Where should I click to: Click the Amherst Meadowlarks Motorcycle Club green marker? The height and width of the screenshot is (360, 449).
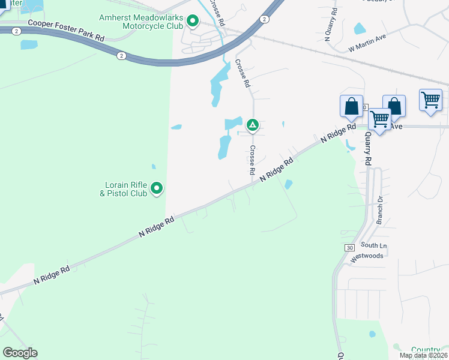click(x=193, y=22)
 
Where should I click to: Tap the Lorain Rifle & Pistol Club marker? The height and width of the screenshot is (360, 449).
click(x=157, y=189)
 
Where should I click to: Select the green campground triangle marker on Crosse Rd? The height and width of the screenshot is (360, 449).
click(x=253, y=125)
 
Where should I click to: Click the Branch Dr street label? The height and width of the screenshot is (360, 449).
click(x=379, y=209)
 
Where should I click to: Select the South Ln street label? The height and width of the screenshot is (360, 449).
click(x=374, y=245)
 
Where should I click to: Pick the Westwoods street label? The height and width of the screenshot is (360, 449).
click(x=366, y=256)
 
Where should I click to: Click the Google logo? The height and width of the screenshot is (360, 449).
click(x=20, y=353)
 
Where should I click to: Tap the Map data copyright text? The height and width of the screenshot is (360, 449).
click(x=424, y=355)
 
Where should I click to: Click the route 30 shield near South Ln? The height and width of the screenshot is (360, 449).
click(x=349, y=247)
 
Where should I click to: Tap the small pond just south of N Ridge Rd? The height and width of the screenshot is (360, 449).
click(x=289, y=184)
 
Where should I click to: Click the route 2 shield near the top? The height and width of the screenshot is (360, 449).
click(x=264, y=19)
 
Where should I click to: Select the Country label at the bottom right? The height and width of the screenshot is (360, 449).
click(x=425, y=349)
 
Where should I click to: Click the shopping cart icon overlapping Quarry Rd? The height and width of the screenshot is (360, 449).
click(x=379, y=119)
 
